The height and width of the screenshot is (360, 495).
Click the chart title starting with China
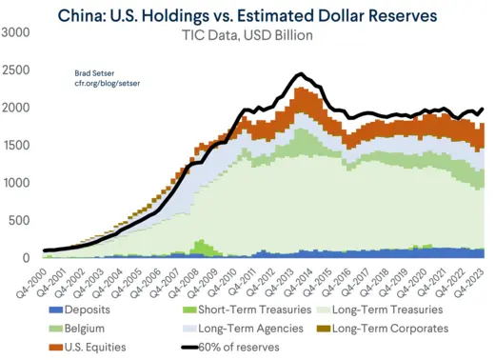click(247, 15)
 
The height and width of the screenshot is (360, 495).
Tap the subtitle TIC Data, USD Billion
click(247, 35)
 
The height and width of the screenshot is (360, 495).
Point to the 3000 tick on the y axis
click(15, 33)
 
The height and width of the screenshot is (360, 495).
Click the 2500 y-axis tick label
click(15, 70)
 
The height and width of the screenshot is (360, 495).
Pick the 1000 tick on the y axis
click(15, 183)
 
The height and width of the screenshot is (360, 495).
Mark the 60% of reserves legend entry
click(238, 347)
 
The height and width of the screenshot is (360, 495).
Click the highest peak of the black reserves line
click(299, 73)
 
